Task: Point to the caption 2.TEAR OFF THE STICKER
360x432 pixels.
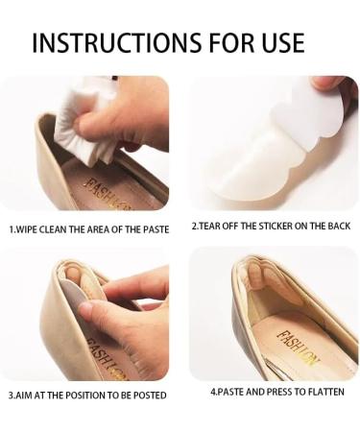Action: pos(270,226)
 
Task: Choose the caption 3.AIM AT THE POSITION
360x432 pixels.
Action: pos(86,395)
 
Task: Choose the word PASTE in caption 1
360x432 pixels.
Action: pos(150,228)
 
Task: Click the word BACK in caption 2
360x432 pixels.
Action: pos(336,226)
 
